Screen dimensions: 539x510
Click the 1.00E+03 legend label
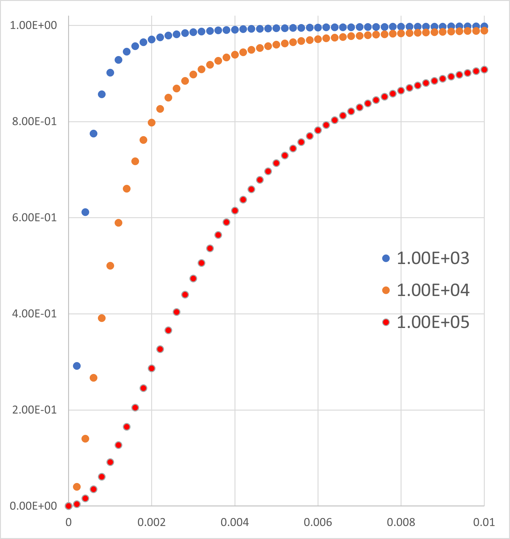(x=433, y=258)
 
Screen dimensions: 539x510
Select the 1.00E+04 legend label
(x=433, y=290)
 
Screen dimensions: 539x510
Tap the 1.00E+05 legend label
(x=433, y=322)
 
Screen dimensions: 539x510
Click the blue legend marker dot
(x=386, y=258)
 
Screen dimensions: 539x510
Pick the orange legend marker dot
(x=386, y=290)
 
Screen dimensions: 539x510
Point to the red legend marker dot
(x=386, y=322)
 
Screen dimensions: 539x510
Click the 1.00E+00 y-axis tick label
(x=33, y=25)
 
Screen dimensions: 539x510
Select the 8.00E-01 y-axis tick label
(x=34, y=122)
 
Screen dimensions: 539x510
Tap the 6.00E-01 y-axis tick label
(x=34, y=218)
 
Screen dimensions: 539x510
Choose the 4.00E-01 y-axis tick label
(x=34, y=314)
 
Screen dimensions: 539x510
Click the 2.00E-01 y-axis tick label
(x=34, y=410)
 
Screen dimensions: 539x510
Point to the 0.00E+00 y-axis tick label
(x=33, y=506)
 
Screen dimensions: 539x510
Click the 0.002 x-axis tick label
(x=151, y=523)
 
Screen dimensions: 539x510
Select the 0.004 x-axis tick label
(x=235, y=523)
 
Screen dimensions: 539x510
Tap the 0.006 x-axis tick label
(x=318, y=523)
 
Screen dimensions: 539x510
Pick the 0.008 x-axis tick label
(x=401, y=523)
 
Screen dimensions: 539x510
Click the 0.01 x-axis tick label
(x=484, y=523)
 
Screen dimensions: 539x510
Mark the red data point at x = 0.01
(x=484, y=70)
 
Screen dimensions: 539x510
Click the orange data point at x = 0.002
(x=151, y=123)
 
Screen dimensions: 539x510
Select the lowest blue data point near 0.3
(x=77, y=366)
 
